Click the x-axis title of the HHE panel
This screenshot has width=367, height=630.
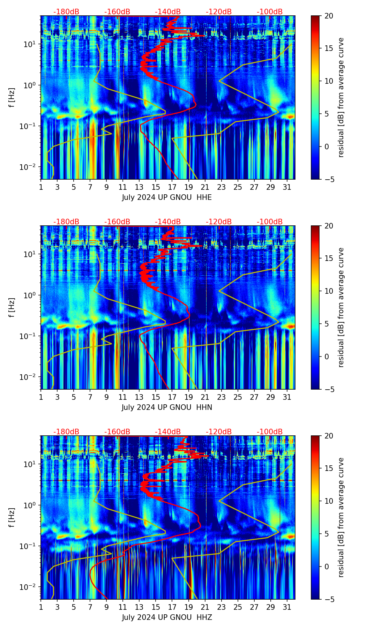click(167, 197)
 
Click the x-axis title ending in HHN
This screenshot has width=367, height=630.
click(167, 407)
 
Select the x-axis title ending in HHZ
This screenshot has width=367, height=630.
click(167, 617)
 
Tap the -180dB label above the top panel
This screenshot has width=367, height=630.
click(66, 12)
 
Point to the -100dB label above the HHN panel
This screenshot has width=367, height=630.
click(270, 222)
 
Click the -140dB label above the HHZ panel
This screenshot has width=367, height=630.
click(168, 432)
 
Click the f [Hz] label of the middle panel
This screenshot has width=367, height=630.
click(12, 307)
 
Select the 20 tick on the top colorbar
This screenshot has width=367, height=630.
click(329, 16)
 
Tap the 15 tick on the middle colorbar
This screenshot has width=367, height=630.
click(329, 258)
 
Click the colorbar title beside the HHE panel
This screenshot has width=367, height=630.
click(341, 97)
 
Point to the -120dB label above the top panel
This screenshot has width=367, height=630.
click(219, 12)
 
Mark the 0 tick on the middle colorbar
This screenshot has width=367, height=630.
click(327, 357)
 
